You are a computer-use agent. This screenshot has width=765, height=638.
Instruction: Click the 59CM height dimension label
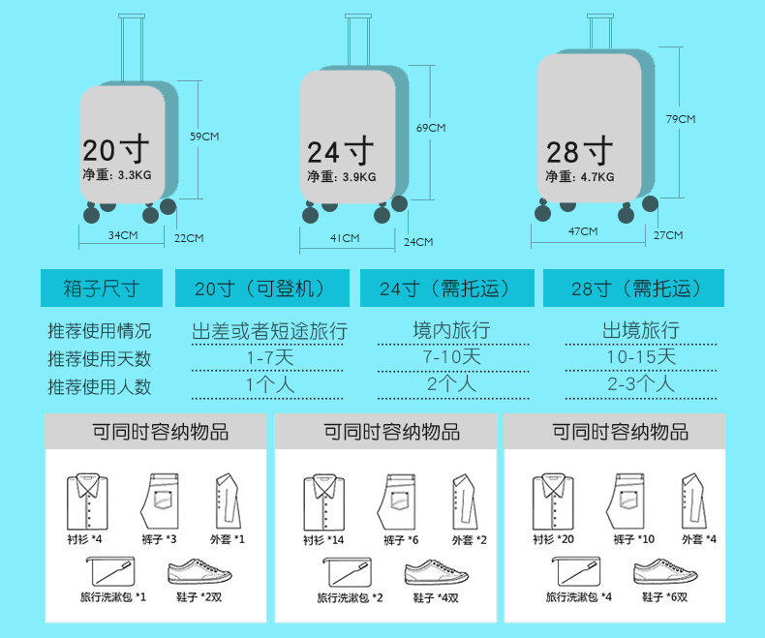pyautogui.click(x=203, y=137)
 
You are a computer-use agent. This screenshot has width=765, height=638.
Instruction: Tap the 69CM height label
pyautogui.click(x=430, y=128)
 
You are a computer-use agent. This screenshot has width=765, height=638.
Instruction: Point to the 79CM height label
pyautogui.click(x=681, y=119)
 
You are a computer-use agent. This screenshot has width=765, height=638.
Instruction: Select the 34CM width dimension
pyautogui.click(x=122, y=235)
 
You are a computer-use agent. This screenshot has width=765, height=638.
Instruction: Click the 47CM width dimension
pyautogui.click(x=582, y=231)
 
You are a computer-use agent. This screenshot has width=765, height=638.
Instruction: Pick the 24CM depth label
pyautogui.click(x=417, y=242)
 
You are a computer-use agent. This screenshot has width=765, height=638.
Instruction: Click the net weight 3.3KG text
pyautogui.click(x=116, y=175)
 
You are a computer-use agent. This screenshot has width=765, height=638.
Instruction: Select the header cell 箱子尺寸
pyautogui.click(x=102, y=289)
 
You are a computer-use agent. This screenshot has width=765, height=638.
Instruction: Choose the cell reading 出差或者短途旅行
pyautogui.click(x=270, y=330)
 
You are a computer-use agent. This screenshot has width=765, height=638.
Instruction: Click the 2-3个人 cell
pyautogui.click(x=640, y=384)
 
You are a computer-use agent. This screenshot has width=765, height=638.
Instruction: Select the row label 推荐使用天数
pyautogui.click(x=101, y=358)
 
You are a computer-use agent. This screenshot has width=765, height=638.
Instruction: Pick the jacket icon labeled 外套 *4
pyautogui.click(x=691, y=500)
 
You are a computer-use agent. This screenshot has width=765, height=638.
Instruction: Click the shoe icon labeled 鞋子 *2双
pyautogui.click(x=199, y=572)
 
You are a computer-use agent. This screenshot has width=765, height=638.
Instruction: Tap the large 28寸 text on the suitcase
pyautogui.click(x=579, y=151)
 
